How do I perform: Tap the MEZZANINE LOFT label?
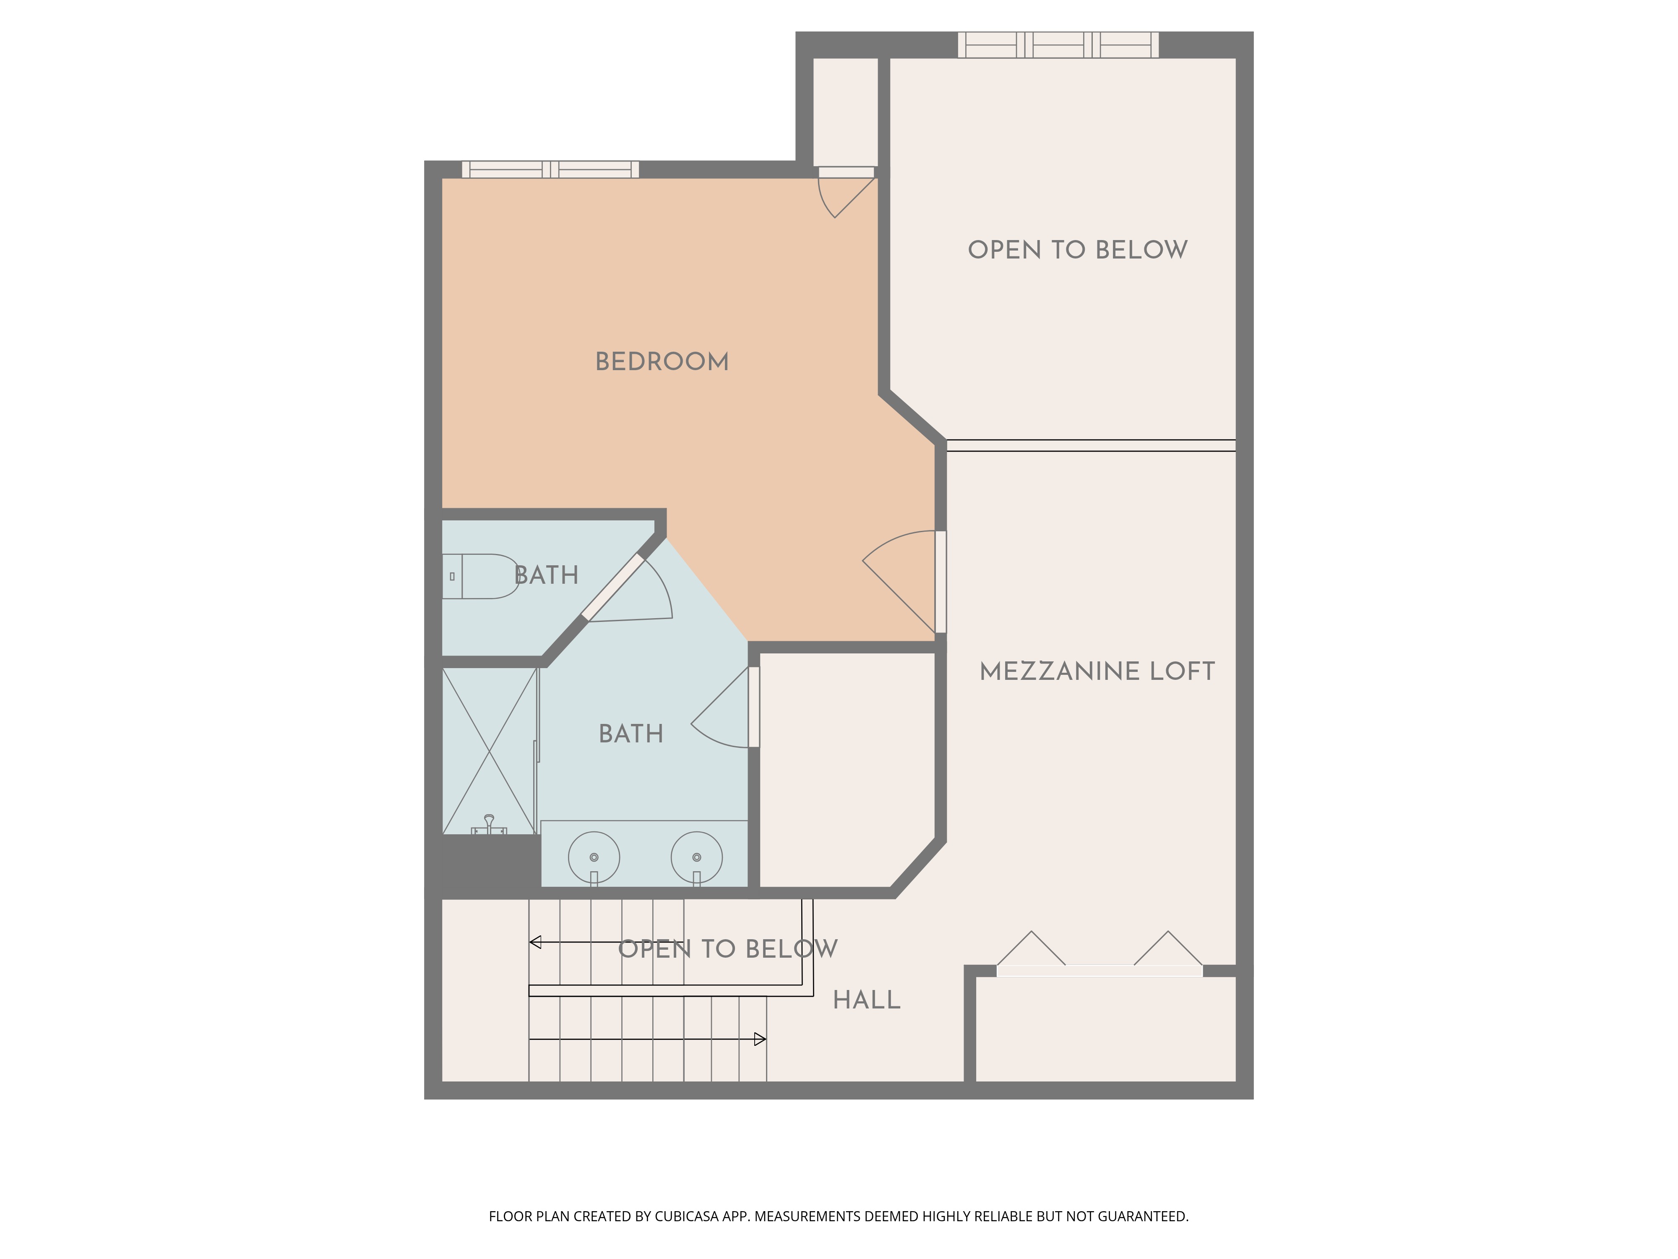pos(1097,671)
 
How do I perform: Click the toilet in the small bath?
pos(480,577)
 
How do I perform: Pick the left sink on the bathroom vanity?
pos(594,857)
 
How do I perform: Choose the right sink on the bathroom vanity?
pos(696,857)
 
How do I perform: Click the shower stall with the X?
pos(489,751)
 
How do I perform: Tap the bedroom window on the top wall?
pos(551,169)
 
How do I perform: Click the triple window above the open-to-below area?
pos(1058,45)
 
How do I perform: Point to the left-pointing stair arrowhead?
pos(535,943)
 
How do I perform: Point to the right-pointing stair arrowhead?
pos(760,1040)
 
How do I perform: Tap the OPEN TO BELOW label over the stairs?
pos(727,948)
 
